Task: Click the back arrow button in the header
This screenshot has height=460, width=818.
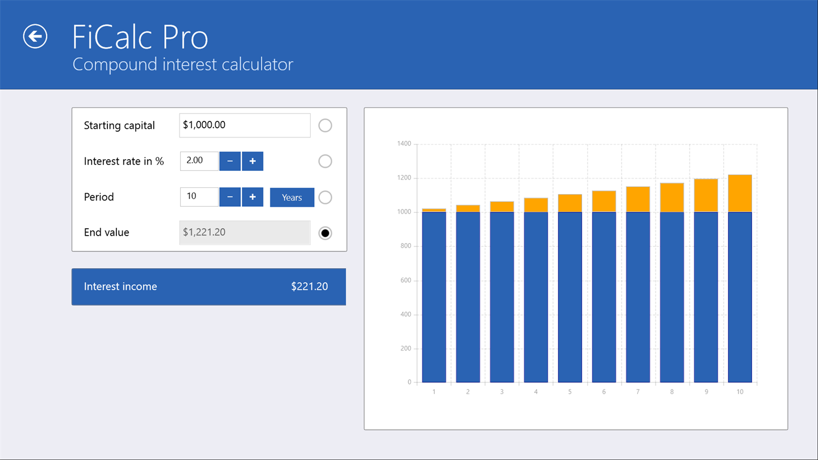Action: pyautogui.click(x=35, y=36)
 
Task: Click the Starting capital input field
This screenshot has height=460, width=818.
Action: pyautogui.click(x=244, y=126)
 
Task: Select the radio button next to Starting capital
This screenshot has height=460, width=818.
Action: pyautogui.click(x=325, y=126)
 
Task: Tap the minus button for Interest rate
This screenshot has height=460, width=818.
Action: pyautogui.click(x=230, y=161)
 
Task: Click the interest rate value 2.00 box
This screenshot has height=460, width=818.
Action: pyautogui.click(x=199, y=161)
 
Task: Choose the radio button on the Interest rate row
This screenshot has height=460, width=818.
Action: pyautogui.click(x=325, y=161)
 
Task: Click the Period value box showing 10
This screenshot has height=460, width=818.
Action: pyautogui.click(x=199, y=196)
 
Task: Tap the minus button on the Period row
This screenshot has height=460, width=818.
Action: pyautogui.click(x=230, y=197)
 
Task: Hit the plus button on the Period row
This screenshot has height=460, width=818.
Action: pyautogui.click(x=252, y=197)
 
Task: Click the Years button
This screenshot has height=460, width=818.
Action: pyautogui.click(x=292, y=198)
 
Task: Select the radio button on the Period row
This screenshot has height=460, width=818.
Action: pyautogui.click(x=325, y=197)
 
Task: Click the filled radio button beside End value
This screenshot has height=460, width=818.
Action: pyautogui.click(x=325, y=233)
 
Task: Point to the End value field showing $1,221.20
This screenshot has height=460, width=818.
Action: pyautogui.click(x=244, y=233)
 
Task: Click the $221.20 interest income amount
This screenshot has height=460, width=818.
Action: pyautogui.click(x=310, y=287)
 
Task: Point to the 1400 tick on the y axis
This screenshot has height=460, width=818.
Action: pyautogui.click(x=404, y=144)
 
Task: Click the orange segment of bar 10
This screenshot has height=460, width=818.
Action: pyautogui.click(x=740, y=193)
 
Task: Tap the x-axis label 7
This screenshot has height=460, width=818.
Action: pyautogui.click(x=638, y=392)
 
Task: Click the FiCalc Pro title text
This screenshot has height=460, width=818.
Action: pyautogui.click(x=140, y=37)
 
